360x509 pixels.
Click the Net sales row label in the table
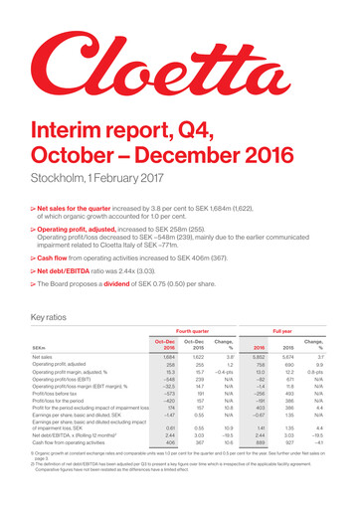42,384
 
